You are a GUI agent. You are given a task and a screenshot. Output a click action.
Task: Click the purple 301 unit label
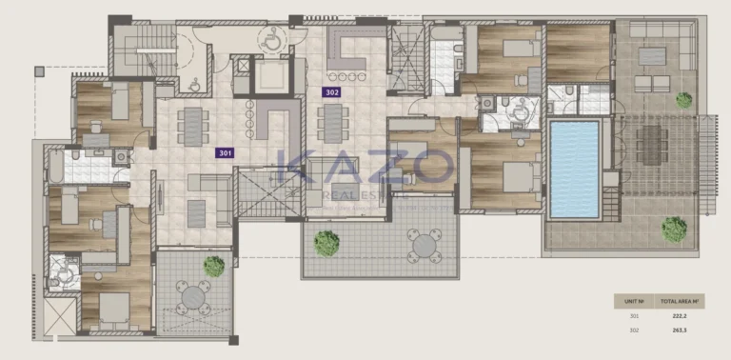click(x=225, y=151)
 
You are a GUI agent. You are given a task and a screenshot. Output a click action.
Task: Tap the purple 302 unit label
click(x=331, y=92)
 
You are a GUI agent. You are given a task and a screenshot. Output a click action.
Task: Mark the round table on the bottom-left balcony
click(x=194, y=298)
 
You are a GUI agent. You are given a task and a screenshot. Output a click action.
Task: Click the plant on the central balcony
click(x=326, y=242)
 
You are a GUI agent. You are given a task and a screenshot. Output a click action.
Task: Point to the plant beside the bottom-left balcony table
click(x=214, y=267)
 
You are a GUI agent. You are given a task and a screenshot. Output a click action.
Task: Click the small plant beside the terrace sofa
click(x=683, y=98)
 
